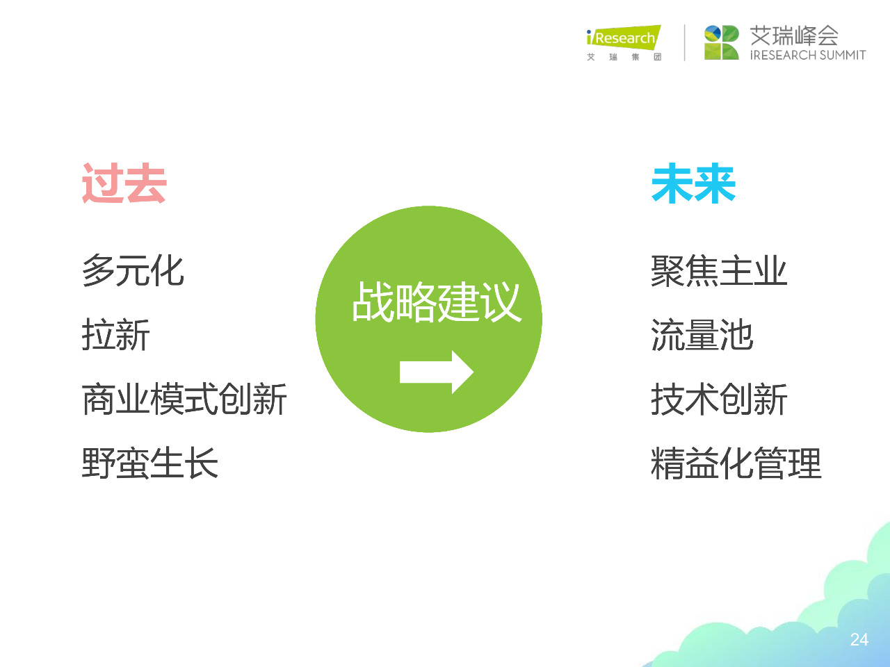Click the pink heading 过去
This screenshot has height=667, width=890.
tap(124, 184)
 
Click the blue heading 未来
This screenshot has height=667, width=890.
tap(693, 184)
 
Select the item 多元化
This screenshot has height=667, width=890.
tap(133, 270)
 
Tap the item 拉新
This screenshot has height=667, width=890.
tap(116, 335)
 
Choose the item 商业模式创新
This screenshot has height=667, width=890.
tap(184, 400)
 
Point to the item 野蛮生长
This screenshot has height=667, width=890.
tap(150, 463)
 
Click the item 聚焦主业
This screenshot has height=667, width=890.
tap(719, 270)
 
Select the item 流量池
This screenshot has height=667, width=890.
tap(702, 335)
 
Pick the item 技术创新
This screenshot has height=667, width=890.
tap(719, 400)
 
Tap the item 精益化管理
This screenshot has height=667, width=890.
tap(736, 463)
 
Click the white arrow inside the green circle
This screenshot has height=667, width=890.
tap(437, 372)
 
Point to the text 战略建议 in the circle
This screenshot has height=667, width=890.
tap(437, 302)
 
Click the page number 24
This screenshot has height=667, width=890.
tap(859, 640)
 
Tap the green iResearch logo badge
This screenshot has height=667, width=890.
tap(624, 38)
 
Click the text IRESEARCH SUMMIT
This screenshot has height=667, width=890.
tap(808, 55)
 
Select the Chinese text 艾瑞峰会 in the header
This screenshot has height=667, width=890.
tap(794, 35)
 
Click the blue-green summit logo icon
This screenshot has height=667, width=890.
tap(721, 42)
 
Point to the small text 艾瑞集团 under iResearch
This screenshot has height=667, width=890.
tap(624, 57)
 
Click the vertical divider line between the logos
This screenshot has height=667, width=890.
tap(685, 42)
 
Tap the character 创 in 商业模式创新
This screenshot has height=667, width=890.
tap(235, 400)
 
